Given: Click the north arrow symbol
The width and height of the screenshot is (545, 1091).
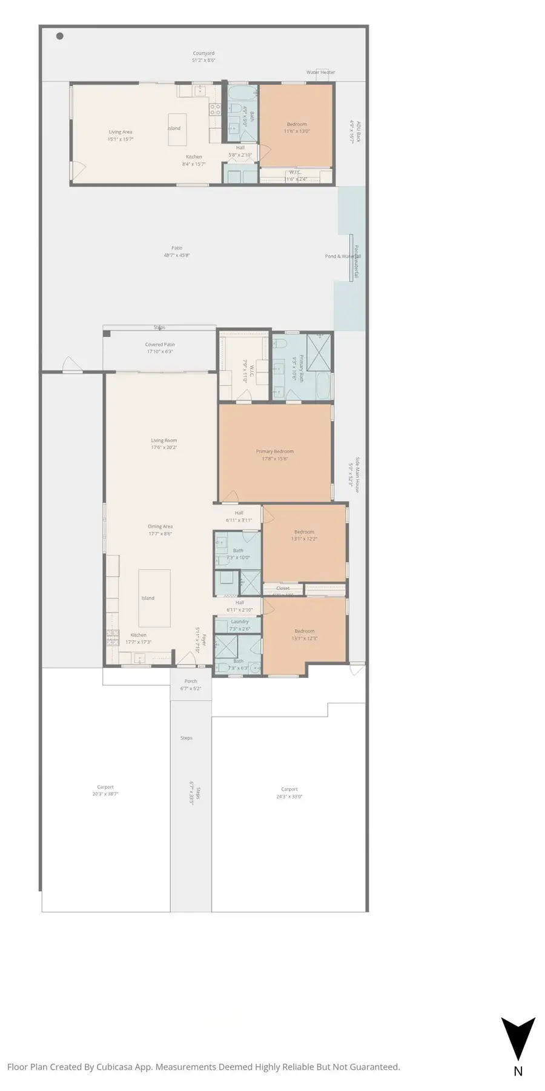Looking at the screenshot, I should (517, 1037).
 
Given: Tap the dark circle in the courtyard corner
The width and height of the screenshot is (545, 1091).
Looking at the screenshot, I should (60, 36).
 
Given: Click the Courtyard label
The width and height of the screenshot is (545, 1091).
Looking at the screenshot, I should (203, 54).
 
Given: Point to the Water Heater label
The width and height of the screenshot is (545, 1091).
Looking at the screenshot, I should (320, 73).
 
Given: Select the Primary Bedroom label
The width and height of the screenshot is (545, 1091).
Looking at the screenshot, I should (274, 452).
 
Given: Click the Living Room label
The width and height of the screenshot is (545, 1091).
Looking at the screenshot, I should (163, 441).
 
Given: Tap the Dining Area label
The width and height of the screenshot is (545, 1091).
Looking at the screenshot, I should (160, 527).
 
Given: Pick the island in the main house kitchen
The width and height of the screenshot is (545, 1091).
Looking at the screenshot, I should (154, 598).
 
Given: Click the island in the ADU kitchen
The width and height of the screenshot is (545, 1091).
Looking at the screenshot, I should (175, 128).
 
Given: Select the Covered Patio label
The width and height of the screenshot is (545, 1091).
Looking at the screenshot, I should (160, 345).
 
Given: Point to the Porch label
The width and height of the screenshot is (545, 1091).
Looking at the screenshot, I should (191, 681).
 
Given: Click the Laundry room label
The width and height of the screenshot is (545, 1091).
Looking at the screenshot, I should (239, 622).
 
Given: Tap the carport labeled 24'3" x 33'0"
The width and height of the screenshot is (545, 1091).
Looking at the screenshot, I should (289, 790).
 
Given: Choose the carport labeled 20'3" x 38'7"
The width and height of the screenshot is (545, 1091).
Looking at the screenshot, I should (105, 788).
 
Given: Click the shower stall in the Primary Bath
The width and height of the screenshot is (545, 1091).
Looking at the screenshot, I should (319, 351).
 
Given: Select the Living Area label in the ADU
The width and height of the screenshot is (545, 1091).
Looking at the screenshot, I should (120, 132).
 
